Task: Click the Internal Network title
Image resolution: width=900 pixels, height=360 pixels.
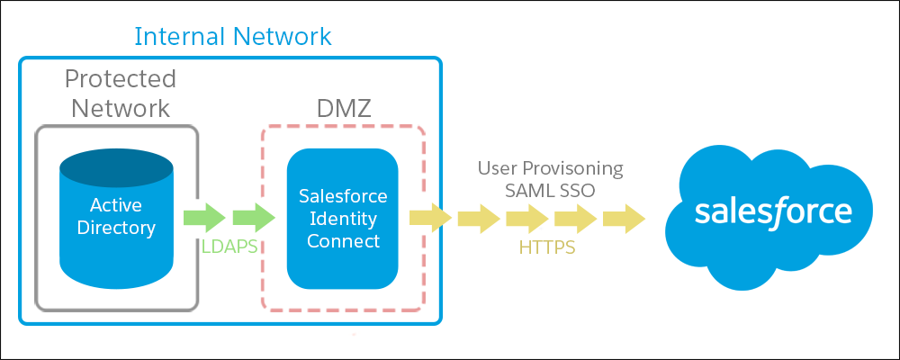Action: click(x=233, y=36)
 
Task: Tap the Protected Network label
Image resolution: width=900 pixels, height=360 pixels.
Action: click(x=120, y=93)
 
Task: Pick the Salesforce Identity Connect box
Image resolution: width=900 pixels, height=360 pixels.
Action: click(x=343, y=219)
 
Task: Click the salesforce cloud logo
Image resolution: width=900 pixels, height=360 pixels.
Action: click(x=773, y=211)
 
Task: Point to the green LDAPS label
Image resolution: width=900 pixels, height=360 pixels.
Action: click(x=229, y=246)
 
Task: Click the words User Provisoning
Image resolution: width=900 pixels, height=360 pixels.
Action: click(x=551, y=169)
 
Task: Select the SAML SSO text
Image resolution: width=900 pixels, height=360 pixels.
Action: click(x=551, y=191)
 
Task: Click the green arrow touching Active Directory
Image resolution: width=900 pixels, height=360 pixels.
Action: click(x=204, y=218)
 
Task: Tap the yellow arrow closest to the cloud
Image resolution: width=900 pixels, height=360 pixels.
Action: click(x=624, y=218)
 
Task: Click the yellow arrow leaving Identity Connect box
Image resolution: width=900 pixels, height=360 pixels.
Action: click(x=430, y=218)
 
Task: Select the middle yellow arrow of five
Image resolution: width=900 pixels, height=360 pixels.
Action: click(x=527, y=218)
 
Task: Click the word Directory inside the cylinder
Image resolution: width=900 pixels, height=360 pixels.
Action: click(x=116, y=228)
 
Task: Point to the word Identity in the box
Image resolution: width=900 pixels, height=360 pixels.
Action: click(x=343, y=219)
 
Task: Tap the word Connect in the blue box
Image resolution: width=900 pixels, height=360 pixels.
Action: click(x=343, y=240)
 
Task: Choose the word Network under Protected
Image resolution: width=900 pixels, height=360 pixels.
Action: click(x=121, y=107)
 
